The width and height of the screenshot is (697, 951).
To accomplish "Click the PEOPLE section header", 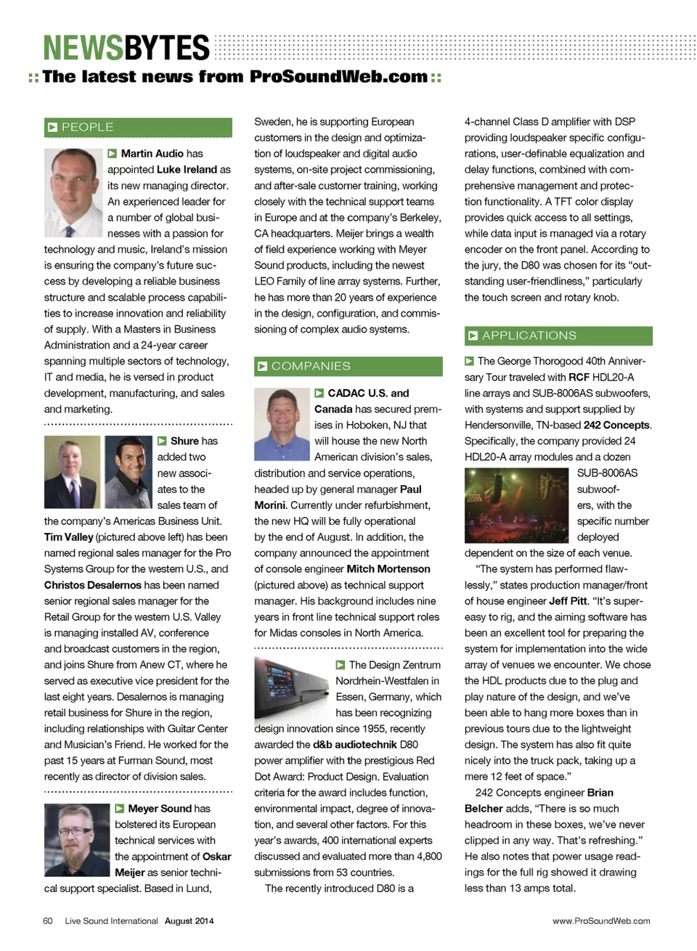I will [x=138, y=127].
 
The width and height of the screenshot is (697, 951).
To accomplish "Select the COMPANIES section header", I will [x=348, y=366].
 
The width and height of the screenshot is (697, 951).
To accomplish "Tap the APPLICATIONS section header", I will [x=558, y=335].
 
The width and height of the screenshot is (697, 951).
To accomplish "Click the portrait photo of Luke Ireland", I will [x=73, y=192].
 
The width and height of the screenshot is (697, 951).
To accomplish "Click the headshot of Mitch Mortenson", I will [x=281, y=425].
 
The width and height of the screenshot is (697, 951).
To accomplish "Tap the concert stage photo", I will [x=517, y=505].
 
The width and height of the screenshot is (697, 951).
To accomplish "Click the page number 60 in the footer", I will [x=48, y=921].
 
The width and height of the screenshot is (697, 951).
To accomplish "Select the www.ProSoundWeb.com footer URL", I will [x=601, y=921].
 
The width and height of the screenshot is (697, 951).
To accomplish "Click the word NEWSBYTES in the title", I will [x=126, y=48].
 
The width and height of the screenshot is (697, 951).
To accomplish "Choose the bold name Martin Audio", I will [x=152, y=153].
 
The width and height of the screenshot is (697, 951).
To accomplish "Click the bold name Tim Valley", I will [x=68, y=537].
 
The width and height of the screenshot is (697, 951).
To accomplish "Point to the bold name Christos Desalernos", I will [x=92, y=585].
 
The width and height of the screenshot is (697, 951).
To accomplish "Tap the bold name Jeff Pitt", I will [x=568, y=601].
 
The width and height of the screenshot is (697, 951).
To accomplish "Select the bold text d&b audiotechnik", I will [x=354, y=745].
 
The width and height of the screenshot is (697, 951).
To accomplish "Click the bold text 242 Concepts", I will [x=616, y=425].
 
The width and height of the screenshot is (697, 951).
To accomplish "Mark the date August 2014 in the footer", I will [x=189, y=921].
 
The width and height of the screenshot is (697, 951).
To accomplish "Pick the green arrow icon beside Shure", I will [x=162, y=441].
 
